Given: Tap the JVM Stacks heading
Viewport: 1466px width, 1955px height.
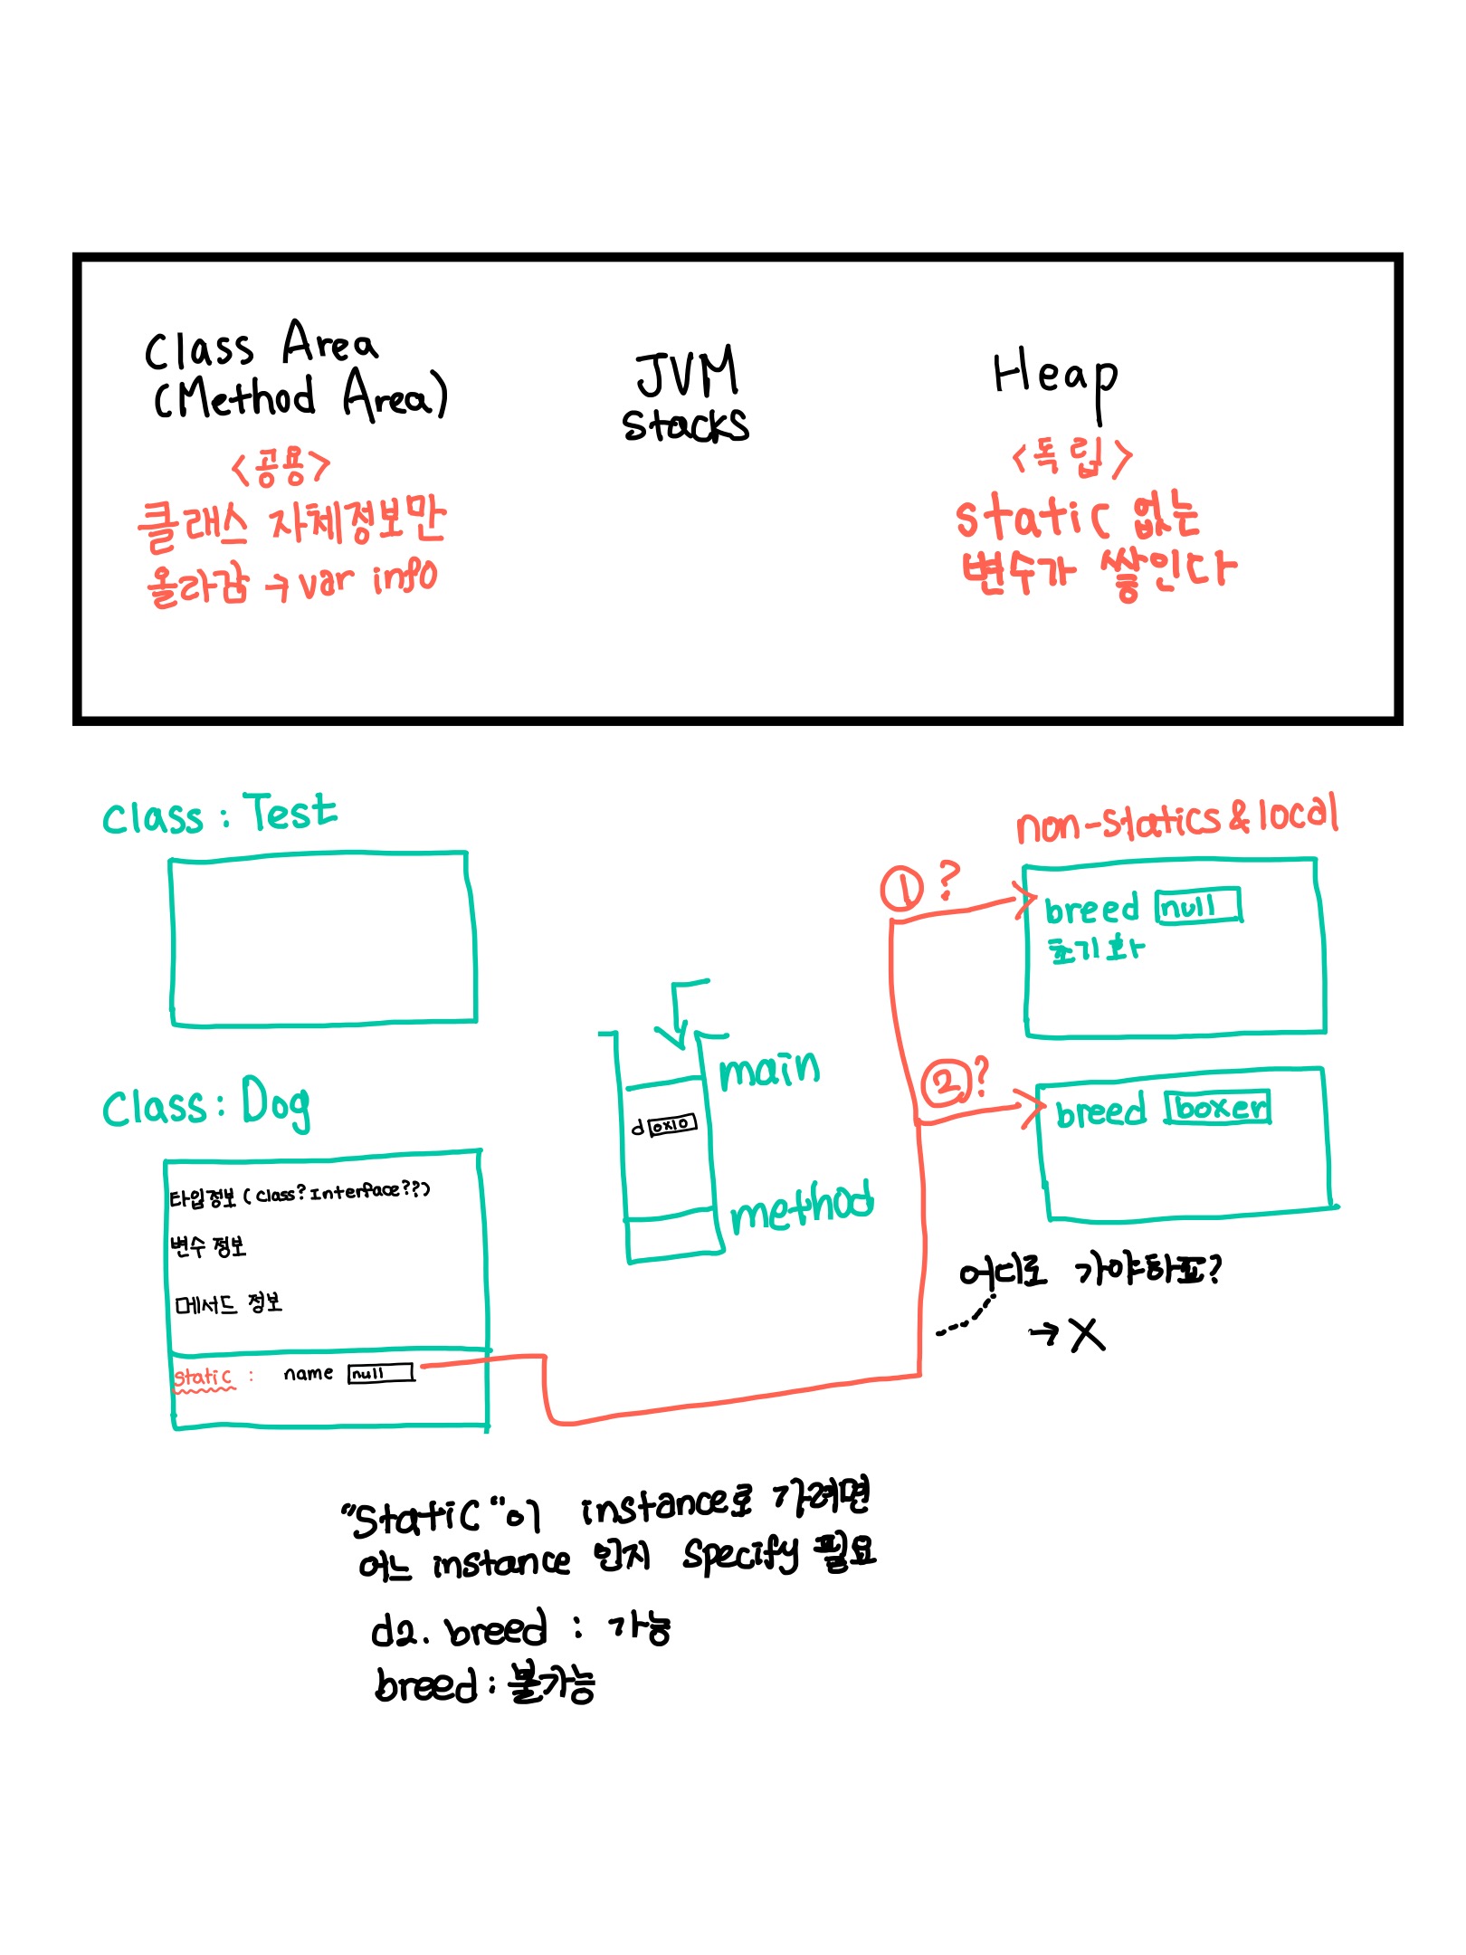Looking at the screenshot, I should coord(686,398).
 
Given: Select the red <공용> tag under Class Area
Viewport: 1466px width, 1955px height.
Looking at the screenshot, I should coord(281,467).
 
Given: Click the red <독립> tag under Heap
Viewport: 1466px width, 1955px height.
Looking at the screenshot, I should coord(1071,456).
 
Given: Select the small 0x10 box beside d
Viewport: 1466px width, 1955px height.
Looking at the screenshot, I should coord(672,1124).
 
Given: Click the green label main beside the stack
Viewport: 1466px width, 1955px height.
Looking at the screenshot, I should coord(769,1070).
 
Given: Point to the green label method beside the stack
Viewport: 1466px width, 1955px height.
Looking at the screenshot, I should coord(801,1206).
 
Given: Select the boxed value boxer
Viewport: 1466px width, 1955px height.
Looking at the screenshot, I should coord(1218,1107).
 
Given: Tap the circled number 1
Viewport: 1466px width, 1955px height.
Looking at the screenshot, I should coord(901,888).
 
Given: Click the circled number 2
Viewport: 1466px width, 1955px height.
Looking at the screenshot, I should coord(944,1084).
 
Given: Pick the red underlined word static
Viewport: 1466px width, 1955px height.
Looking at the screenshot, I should coord(203,1377).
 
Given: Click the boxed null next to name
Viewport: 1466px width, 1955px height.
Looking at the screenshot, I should coord(380,1373).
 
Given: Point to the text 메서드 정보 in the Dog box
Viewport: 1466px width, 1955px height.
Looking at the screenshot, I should coord(228,1303).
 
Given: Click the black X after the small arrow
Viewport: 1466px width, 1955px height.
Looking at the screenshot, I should coord(1087,1334).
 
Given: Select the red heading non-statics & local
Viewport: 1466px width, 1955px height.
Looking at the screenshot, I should coord(1176,819).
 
